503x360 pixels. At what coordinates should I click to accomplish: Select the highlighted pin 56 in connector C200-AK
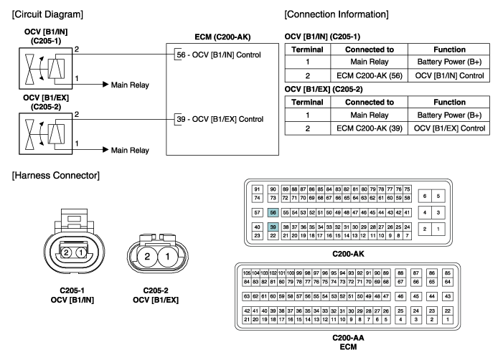click(273, 213)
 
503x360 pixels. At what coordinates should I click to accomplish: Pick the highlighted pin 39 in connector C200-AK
click(273, 227)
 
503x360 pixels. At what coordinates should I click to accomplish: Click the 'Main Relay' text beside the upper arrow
click(129, 85)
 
